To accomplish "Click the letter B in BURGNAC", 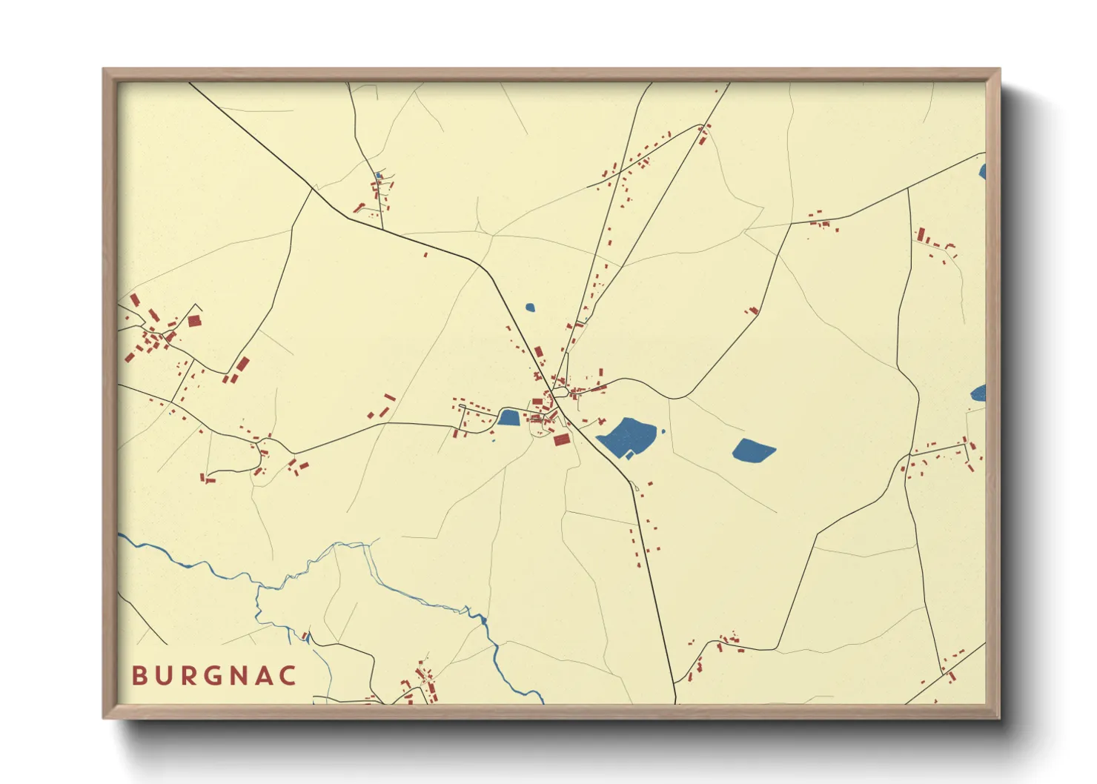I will click(x=139, y=676).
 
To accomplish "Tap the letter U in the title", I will click(x=165, y=676).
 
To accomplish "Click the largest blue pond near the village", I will click(x=626, y=437).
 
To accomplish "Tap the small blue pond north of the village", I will click(x=530, y=307).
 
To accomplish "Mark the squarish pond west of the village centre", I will click(x=508, y=418).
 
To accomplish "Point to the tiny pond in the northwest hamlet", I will click(x=378, y=176).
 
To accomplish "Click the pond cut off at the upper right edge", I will click(x=982, y=172).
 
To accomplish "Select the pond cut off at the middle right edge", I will click(x=978, y=393).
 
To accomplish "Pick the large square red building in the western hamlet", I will click(x=194, y=321).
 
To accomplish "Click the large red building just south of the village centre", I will click(x=562, y=439).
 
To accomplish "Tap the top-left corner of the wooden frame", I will click(x=103, y=69).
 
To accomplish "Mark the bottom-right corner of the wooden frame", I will click(x=1000, y=718).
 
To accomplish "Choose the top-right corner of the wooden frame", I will click(x=1000, y=69).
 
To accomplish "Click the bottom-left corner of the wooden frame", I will click(x=103, y=718).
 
